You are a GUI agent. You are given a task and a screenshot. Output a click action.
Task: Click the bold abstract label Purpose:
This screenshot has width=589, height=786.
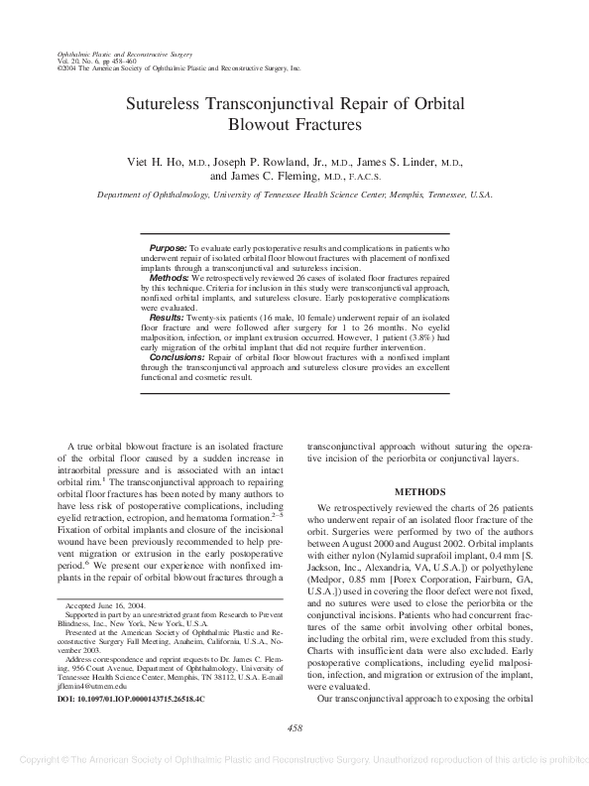coord(168,246)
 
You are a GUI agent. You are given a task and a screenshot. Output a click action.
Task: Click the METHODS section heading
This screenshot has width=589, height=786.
coord(422,491)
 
